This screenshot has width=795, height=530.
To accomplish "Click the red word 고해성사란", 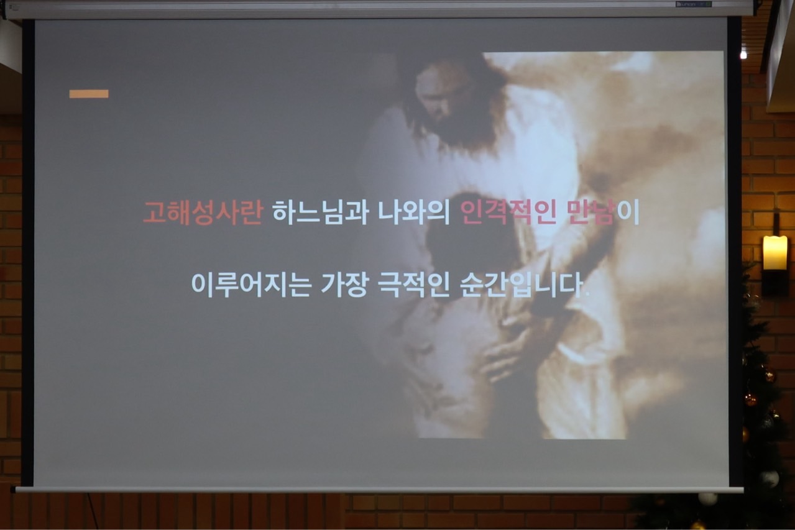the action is [x=203, y=212].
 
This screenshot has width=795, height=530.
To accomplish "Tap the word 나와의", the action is [x=414, y=212].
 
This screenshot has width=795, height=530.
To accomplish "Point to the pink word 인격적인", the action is [x=508, y=212].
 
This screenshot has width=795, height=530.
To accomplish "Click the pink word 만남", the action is [x=591, y=212].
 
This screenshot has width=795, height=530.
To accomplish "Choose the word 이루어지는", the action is [x=251, y=285].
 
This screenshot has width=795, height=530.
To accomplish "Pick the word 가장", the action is [x=344, y=285].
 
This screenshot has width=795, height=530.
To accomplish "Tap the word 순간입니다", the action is [x=522, y=285].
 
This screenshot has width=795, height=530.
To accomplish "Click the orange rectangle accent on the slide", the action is [x=89, y=94].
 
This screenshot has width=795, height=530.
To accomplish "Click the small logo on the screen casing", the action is [x=694, y=4].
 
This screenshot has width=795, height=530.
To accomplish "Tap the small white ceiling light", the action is [x=743, y=55].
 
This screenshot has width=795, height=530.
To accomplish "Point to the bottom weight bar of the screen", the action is [x=379, y=490].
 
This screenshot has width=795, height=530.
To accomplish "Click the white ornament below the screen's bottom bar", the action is [x=708, y=499].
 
